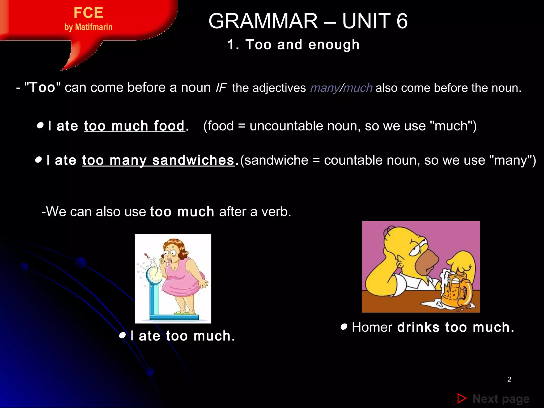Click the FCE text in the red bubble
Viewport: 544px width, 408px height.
tap(88, 13)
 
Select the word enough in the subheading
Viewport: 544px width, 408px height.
tap(334, 45)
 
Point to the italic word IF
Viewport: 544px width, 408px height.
tap(221, 88)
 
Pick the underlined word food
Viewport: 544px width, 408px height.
tap(169, 126)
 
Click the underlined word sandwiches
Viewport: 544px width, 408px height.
tap(193, 160)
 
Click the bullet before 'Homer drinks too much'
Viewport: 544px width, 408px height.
tap(344, 326)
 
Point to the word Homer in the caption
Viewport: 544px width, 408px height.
tap(372, 327)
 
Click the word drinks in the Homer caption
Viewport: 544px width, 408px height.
tap(418, 327)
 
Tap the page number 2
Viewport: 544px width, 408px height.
tap(509, 380)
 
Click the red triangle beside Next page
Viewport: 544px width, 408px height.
tap(462, 398)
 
